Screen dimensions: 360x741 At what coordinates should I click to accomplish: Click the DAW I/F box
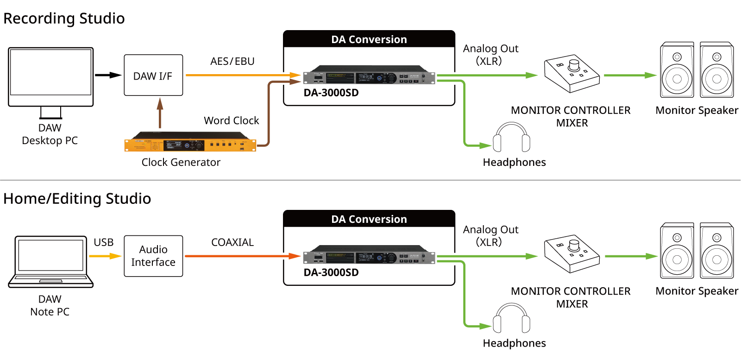click(153, 76)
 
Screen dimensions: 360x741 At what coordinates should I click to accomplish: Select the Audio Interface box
click(153, 256)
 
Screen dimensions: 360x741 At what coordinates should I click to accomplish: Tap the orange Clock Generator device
click(190, 145)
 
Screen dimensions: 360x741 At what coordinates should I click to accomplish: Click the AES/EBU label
click(232, 61)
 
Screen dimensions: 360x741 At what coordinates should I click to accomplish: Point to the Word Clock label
click(232, 120)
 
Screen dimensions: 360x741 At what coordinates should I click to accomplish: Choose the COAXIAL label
click(232, 242)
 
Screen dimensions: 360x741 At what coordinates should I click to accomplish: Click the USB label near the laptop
click(104, 242)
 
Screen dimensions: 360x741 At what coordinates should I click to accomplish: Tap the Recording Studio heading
click(64, 19)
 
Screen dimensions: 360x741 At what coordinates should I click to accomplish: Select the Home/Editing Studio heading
click(77, 199)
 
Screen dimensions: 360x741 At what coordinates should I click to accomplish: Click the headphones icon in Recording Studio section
click(511, 137)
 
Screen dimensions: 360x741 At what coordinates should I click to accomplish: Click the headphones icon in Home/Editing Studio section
click(511, 318)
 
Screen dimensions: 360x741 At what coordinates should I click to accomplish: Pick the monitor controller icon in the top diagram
click(572, 74)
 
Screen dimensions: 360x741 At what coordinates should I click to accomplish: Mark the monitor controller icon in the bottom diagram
click(572, 255)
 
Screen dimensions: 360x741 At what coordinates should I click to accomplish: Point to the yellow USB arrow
click(106, 256)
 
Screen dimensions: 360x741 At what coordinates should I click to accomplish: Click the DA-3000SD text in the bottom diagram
click(331, 272)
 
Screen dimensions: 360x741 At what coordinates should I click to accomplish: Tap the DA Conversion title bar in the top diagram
click(369, 39)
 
